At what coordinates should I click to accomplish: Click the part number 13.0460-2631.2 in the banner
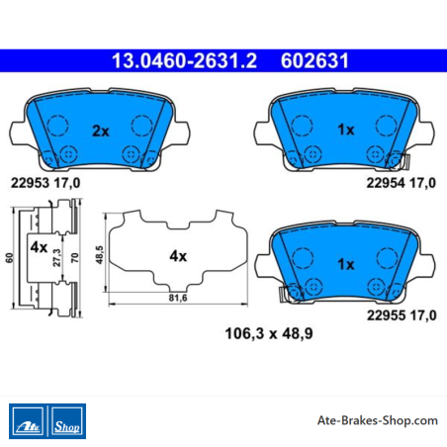[184, 61]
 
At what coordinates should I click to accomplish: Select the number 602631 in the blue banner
[314, 61]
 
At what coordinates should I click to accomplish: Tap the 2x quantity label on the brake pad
[101, 132]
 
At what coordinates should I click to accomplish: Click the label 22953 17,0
[45, 183]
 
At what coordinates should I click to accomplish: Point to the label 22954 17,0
[401, 183]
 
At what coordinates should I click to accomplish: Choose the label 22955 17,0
[402, 315]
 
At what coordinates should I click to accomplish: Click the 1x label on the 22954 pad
[346, 130]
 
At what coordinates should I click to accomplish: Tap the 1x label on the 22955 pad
[346, 264]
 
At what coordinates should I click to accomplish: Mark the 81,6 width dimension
[178, 298]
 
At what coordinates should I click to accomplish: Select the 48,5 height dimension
[99, 255]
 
